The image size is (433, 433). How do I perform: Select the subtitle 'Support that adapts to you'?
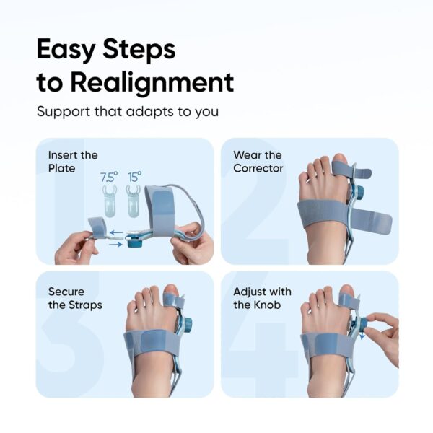128,112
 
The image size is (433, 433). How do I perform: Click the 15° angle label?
134,175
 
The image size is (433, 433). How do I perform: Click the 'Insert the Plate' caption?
73,162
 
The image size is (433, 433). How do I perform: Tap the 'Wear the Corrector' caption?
258,162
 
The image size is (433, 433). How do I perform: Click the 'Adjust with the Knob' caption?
262,298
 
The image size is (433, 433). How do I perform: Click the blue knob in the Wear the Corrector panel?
359,193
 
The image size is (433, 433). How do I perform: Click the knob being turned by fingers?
361,325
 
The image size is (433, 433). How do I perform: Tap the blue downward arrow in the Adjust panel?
362,336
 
